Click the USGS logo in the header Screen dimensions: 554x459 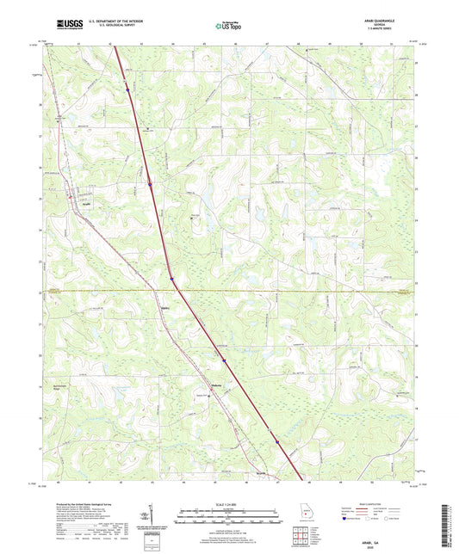coord(64,25)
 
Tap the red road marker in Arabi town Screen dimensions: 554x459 coord(71,199)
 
